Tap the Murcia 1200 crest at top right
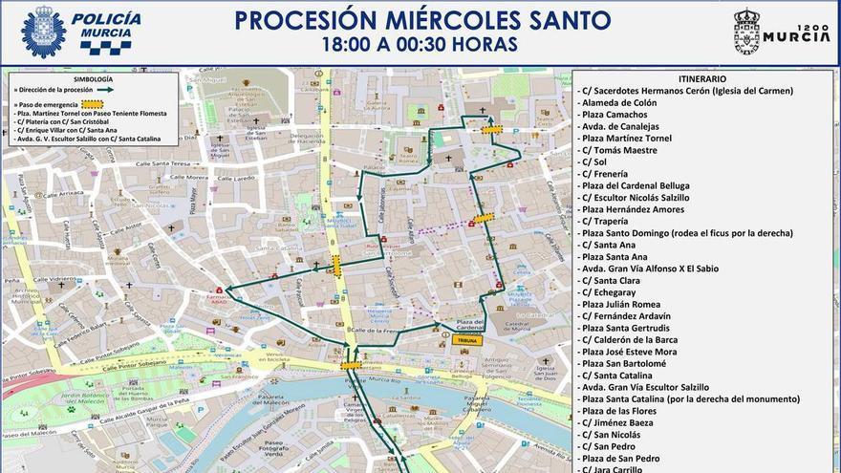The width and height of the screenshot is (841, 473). pos(745,32)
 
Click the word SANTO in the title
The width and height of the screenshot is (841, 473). pos(564,20)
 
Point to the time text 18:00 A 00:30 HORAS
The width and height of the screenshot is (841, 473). pos(420,44)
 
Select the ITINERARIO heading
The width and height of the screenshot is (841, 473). pos(702,78)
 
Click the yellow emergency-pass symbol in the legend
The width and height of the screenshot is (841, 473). pos(93,103)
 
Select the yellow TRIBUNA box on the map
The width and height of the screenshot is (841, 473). pos(467,340)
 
